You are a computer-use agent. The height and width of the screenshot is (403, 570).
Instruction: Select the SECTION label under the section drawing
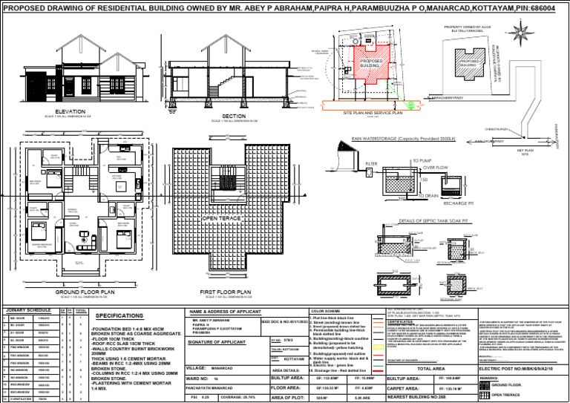tap(234, 116)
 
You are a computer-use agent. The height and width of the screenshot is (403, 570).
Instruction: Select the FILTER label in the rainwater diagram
tap(352, 163)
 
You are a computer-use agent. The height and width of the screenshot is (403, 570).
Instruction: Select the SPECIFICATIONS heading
tap(119, 315)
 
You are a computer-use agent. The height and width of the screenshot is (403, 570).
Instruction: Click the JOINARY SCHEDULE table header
tap(29, 311)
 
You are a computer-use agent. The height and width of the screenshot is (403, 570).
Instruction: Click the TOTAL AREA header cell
tap(430, 367)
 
